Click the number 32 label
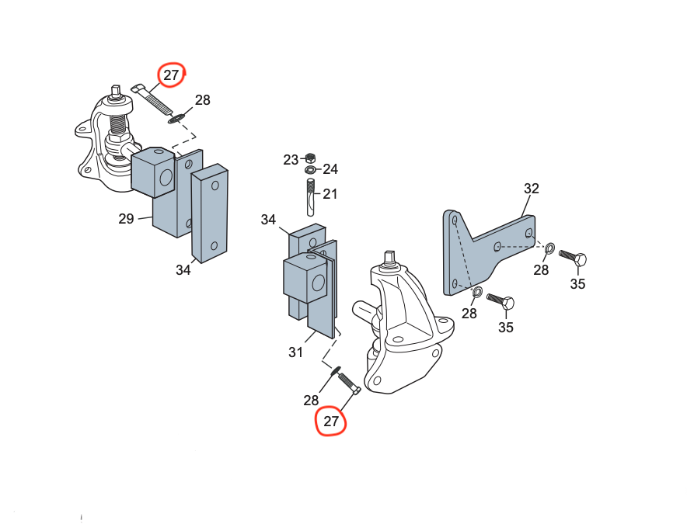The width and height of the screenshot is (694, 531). pyautogui.click(x=532, y=189)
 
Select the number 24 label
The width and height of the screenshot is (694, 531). pyautogui.click(x=330, y=169)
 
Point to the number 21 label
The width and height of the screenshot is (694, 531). pyautogui.click(x=330, y=193)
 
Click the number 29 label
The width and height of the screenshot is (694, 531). pyautogui.click(x=127, y=219)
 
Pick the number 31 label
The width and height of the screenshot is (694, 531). pyautogui.click(x=295, y=352)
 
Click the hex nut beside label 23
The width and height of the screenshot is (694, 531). pyautogui.click(x=309, y=157)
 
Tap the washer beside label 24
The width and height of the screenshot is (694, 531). pyautogui.click(x=310, y=169)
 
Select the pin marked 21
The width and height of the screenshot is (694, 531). pyautogui.click(x=309, y=197)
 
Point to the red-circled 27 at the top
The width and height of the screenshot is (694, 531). pyautogui.click(x=171, y=75)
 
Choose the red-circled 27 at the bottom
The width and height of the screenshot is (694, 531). pyautogui.click(x=331, y=422)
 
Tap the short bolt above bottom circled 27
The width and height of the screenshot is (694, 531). pyautogui.click(x=348, y=382)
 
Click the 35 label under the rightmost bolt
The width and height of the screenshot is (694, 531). pyautogui.click(x=577, y=284)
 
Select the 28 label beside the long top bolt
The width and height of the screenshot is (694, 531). pyautogui.click(x=202, y=100)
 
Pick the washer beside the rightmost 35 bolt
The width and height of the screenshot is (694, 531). pyautogui.click(x=549, y=248)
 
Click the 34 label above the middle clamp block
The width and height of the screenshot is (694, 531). pyautogui.click(x=268, y=220)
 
